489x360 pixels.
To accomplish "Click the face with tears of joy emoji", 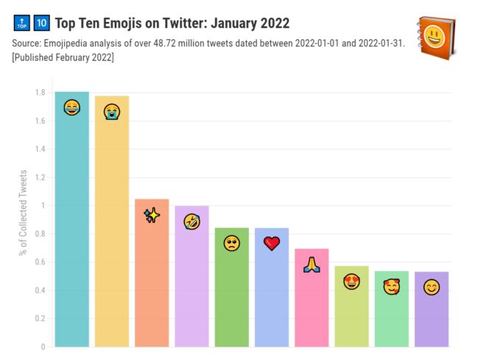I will point(71,108).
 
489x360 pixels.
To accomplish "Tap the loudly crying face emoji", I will point(112,112).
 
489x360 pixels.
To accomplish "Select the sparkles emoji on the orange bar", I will point(152,216).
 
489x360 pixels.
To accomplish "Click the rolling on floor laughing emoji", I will point(191,222).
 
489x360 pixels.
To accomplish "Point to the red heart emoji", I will point(272,243).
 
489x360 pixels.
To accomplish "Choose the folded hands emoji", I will point(312,265).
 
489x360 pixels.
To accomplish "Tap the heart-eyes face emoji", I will point(351,281).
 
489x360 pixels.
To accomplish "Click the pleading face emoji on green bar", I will point(232,243).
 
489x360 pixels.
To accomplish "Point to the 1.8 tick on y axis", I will point(39,93).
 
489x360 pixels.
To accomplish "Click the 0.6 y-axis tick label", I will point(39,262).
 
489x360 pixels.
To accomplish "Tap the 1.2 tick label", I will point(39,177).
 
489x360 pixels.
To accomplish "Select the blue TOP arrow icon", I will point(21,24).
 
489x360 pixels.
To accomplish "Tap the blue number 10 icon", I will point(42,24).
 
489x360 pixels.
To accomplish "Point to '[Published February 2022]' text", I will point(63,57).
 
